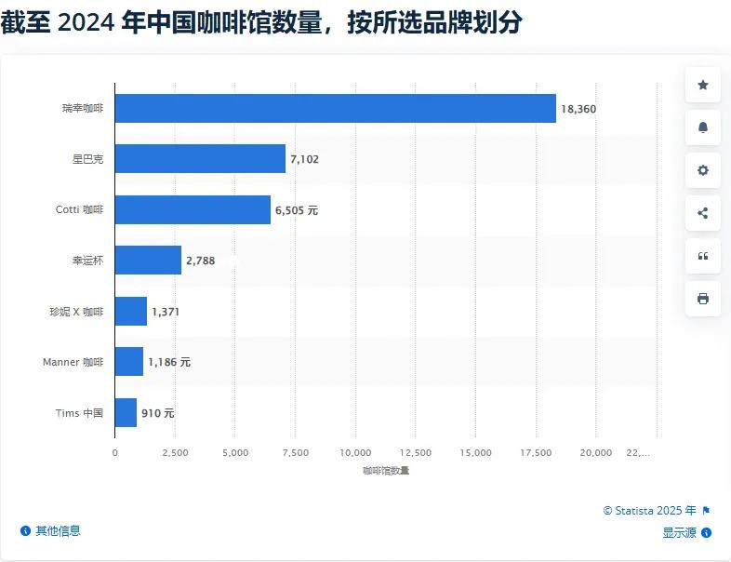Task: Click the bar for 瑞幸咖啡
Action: (335, 109)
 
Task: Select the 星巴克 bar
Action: (200, 159)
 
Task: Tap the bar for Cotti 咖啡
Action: (193, 210)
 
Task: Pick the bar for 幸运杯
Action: (148, 261)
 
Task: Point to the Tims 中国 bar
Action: (126, 412)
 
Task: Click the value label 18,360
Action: (578, 109)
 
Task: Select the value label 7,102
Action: (304, 159)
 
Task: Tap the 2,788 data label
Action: (200, 261)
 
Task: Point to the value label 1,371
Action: (166, 312)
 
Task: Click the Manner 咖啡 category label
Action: (73, 362)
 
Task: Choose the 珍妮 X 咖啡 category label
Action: (76, 312)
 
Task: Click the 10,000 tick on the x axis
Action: (355, 452)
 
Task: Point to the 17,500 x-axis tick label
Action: (536, 452)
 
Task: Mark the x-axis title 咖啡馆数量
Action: (386, 471)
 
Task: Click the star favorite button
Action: (702, 86)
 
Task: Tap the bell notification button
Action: (702, 127)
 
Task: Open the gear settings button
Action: (702, 170)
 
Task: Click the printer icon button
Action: (702, 299)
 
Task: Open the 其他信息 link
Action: (58, 530)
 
